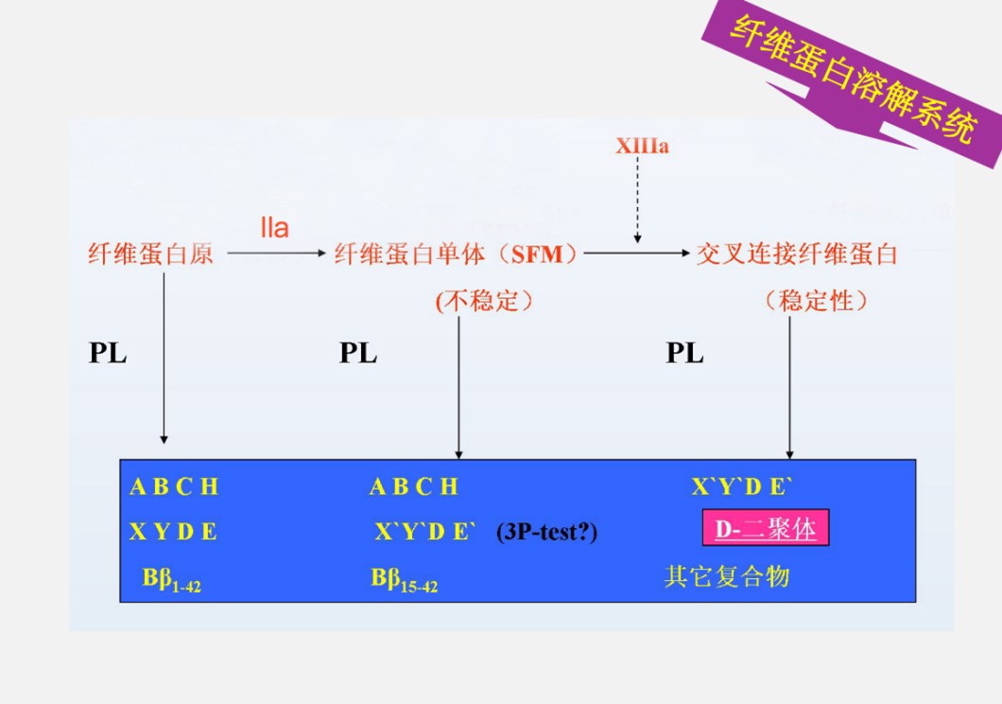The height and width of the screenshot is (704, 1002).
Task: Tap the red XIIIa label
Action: coord(642,147)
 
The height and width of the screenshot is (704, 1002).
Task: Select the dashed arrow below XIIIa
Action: coord(637,200)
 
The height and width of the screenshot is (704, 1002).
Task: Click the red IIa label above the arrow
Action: coord(274,228)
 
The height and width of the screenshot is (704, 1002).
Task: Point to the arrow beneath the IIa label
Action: coord(275,254)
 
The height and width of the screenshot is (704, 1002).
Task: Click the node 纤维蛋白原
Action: coord(150,254)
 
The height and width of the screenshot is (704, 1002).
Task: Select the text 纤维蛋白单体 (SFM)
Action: coord(457,254)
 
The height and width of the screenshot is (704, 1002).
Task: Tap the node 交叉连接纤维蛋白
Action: coord(796,254)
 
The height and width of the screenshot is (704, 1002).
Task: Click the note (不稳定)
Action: coord(484,301)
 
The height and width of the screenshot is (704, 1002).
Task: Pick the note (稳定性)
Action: coord(816,301)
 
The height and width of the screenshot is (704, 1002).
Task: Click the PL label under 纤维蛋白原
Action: coord(108,353)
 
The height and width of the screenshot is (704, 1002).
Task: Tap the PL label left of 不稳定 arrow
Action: coord(358,353)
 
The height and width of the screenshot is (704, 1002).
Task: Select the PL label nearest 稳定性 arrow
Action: coord(684,353)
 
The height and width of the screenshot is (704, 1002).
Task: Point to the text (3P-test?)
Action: coord(546,533)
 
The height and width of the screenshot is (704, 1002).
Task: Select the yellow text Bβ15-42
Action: coord(404,579)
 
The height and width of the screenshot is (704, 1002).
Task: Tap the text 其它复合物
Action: coord(726,576)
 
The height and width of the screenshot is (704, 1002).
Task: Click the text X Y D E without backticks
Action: coord(173,532)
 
